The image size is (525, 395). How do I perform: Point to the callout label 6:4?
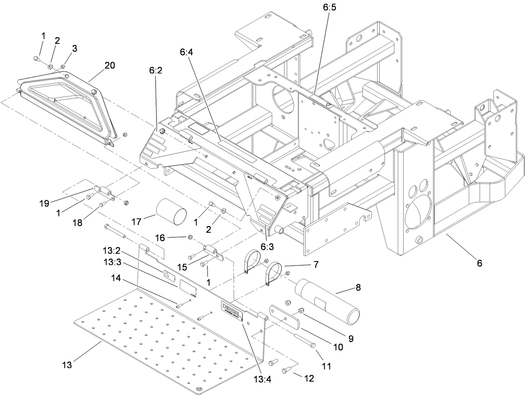pyautogui.click(x=187, y=53)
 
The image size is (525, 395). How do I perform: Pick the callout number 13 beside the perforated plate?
pyautogui.click(x=67, y=365)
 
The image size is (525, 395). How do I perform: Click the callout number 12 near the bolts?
pyautogui.click(x=309, y=378)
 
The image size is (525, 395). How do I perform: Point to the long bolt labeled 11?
pyautogui.click(x=304, y=340)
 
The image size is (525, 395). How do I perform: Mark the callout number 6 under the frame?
pyautogui.click(x=479, y=263)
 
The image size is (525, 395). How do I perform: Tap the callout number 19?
pyautogui.click(x=45, y=203)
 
